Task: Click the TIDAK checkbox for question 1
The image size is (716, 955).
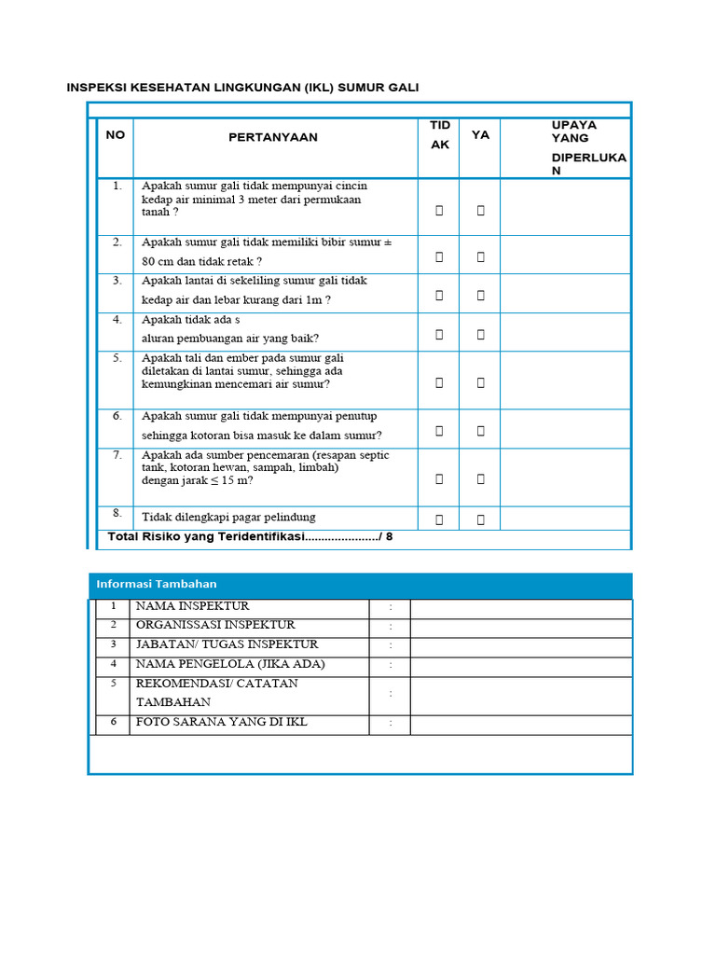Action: pos(439,211)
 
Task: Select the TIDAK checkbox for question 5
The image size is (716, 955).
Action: pos(439,381)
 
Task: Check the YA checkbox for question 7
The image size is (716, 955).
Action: pos(481,478)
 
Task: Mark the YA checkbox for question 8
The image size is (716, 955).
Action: pos(481,519)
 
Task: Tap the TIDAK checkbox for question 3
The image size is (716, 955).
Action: pos(439,296)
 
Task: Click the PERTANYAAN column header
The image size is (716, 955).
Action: pos(273,137)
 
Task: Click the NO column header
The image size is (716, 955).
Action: pos(115,135)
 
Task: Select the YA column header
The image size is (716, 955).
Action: pos(480,135)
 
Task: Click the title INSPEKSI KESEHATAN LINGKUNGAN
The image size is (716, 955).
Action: pos(242,88)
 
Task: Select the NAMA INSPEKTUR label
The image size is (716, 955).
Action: pos(193,606)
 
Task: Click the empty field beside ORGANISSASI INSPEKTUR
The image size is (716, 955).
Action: pos(520,626)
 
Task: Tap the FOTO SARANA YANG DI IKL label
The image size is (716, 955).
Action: pos(222,723)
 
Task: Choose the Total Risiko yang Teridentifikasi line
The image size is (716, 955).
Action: pos(251,536)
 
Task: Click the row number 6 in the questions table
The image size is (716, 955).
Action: pos(117,416)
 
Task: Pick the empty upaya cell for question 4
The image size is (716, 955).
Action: pos(565,332)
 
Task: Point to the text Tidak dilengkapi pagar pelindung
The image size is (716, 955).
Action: pos(228,517)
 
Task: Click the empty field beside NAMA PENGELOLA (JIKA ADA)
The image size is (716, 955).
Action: pos(520,665)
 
